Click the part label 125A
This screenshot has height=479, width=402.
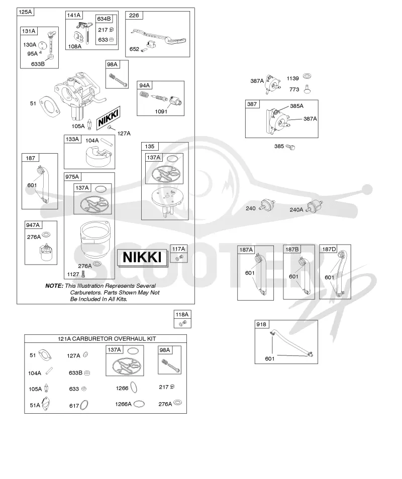click(25, 12)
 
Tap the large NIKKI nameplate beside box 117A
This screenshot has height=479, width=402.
click(142, 257)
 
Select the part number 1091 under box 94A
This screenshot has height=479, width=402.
click(161, 111)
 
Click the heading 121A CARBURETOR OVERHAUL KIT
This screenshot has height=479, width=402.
click(107, 339)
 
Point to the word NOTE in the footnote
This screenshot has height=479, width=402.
click(54, 286)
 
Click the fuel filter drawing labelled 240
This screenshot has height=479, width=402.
click(267, 205)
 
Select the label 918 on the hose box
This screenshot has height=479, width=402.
click(261, 324)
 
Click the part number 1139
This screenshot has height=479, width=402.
click(292, 78)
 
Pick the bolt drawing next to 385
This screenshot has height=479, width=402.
click(291, 147)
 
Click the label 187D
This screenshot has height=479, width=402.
click(329, 249)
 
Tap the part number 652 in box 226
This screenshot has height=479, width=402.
click(134, 49)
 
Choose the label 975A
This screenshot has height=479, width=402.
click(72, 177)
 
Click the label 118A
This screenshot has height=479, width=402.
click(182, 314)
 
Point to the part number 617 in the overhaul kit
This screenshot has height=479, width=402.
click(74, 406)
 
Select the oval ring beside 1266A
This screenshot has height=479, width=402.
click(139, 404)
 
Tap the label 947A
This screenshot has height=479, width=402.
click(33, 225)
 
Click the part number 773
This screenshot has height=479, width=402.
click(294, 89)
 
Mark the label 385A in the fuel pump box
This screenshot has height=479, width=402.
click(296, 106)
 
